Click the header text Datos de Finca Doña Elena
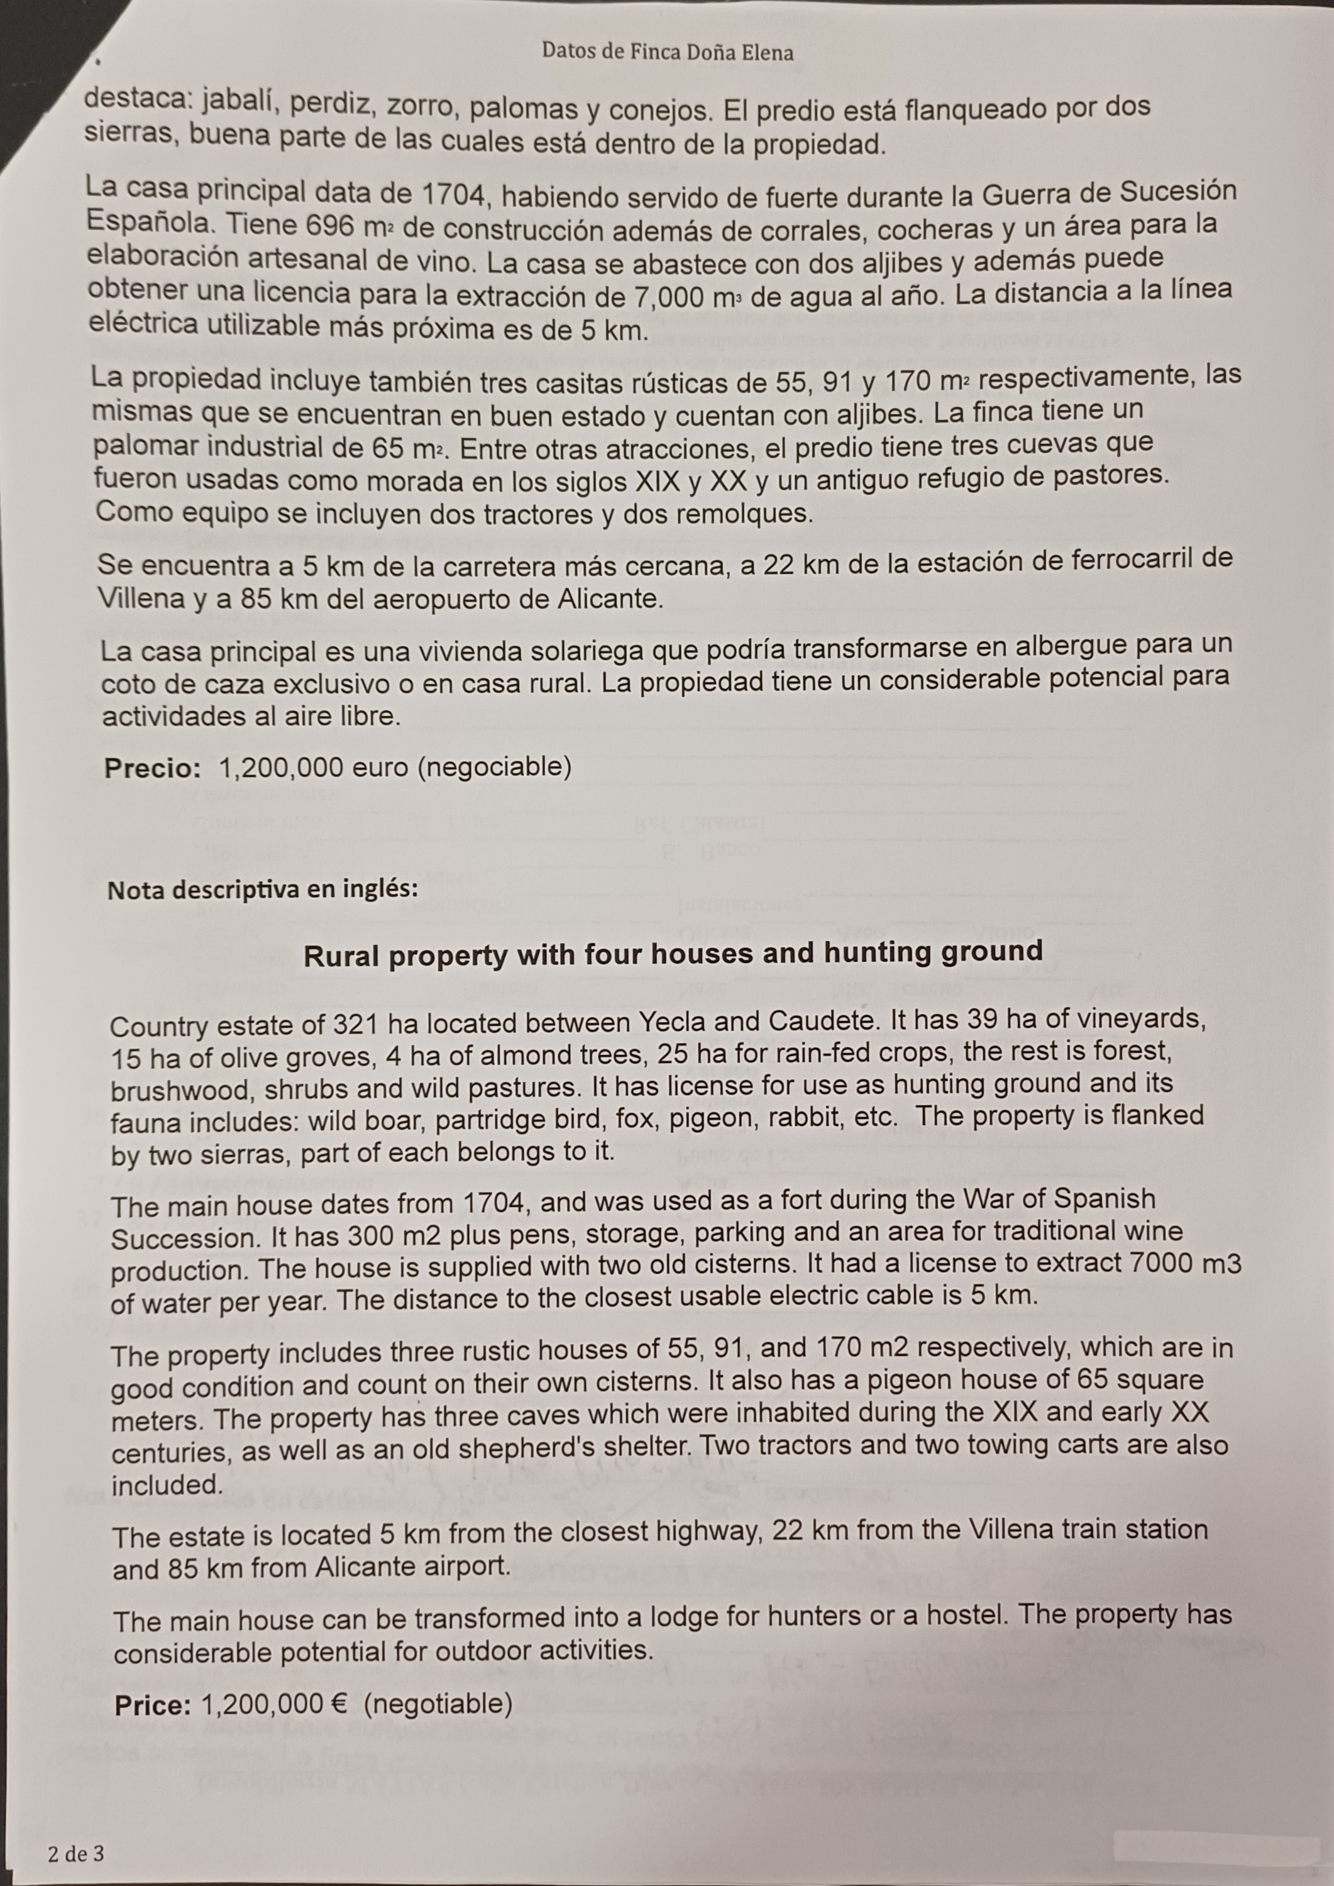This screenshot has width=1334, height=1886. coord(667,53)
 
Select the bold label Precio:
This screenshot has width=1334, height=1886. coord(153,769)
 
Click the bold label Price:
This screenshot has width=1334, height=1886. coord(153,1706)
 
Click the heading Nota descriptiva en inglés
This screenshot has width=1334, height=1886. coord(263,890)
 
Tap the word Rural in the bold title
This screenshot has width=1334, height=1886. coord(340,956)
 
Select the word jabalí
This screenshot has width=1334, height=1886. coord(238,102)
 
